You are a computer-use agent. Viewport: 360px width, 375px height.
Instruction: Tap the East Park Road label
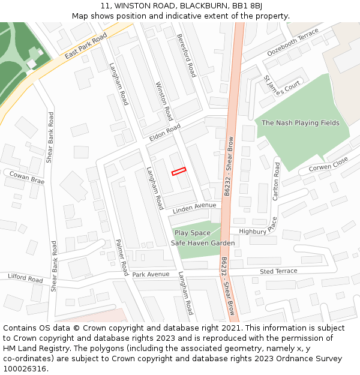(85, 46)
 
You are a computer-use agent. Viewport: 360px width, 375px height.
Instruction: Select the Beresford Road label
(187, 55)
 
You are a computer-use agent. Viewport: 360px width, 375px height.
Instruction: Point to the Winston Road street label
(164, 101)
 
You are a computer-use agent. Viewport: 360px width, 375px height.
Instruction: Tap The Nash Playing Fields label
(301, 123)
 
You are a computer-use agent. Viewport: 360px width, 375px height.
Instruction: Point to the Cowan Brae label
(26, 177)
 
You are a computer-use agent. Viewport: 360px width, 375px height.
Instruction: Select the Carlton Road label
(277, 181)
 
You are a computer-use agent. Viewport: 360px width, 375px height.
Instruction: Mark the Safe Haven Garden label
(203, 243)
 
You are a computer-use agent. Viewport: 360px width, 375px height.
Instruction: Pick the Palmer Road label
(122, 257)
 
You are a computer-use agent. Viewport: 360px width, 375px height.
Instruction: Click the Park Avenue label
(151, 274)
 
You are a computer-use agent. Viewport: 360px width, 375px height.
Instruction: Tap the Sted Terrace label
(278, 271)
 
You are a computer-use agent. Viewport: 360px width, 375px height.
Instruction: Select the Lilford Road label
(25, 278)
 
